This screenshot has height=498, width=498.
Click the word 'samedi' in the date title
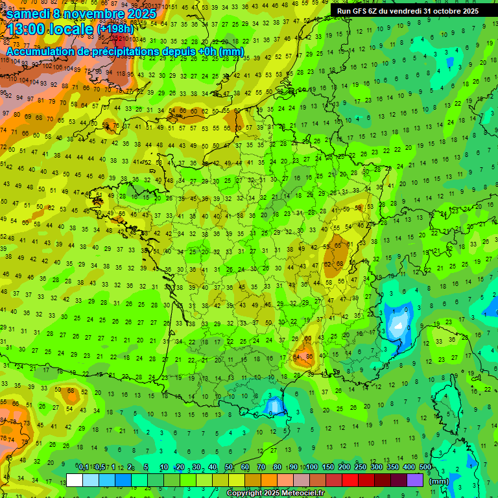coord(29,13)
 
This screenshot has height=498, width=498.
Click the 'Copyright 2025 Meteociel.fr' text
coord(275,493)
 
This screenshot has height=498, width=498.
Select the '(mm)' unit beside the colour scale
coord(439,481)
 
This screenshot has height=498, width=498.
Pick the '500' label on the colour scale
coord(425,468)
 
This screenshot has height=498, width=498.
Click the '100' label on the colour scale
coord(312,468)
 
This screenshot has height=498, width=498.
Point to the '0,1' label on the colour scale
coord(83,468)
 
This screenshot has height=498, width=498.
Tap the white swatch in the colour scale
coord(75,480)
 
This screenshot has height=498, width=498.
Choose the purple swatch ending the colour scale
coord(415,480)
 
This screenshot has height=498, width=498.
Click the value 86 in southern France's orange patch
coord(309,357)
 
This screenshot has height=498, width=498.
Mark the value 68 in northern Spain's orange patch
coord(71,390)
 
